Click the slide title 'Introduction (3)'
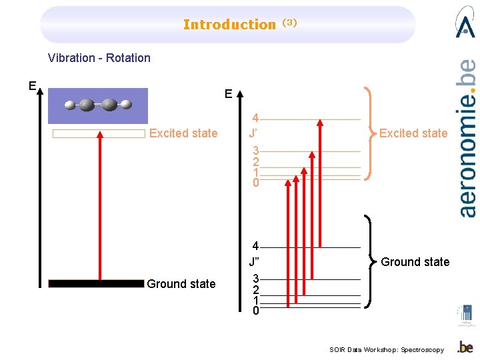(x=239, y=25)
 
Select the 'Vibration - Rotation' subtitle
(x=99, y=58)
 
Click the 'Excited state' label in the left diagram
(x=183, y=133)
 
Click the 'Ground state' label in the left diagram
(x=181, y=284)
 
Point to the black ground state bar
(x=96, y=283)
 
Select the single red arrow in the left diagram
(x=99, y=207)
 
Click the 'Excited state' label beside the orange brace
(x=413, y=133)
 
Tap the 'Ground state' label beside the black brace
(x=415, y=262)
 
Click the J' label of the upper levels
(x=253, y=133)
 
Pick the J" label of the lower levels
(x=254, y=261)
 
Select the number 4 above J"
(x=255, y=247)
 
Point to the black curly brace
(x=369, y=261)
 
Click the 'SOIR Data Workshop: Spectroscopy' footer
(x=387, y=350)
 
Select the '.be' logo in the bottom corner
(x=465, y=347)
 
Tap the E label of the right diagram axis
(x=229, y=94)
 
